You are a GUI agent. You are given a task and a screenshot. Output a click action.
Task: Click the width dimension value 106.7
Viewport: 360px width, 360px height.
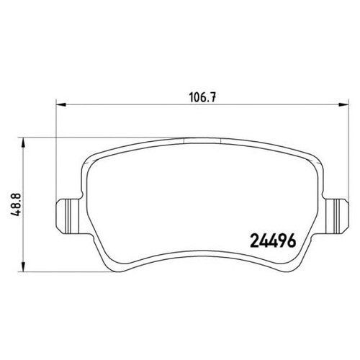pos(202,98)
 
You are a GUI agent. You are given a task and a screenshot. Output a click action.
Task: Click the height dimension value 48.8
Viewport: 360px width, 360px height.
pos(17,204)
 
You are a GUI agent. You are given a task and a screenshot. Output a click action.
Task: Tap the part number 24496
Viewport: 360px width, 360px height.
pos(273,240)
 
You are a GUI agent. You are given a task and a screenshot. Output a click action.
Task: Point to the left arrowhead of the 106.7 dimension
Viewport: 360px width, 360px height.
pos(60,104)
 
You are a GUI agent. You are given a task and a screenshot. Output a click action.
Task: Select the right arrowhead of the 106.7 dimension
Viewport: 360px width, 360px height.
pos(343,104)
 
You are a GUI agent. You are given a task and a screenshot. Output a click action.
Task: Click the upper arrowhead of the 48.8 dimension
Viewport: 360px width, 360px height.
pos(23,143)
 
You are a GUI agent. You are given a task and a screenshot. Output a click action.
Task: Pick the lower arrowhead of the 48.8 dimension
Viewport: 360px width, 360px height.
pos(23,266)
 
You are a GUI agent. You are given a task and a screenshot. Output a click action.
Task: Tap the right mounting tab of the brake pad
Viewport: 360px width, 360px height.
pos(336,215)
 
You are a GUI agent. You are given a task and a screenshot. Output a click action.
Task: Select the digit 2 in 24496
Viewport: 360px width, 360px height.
pos(254,240)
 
